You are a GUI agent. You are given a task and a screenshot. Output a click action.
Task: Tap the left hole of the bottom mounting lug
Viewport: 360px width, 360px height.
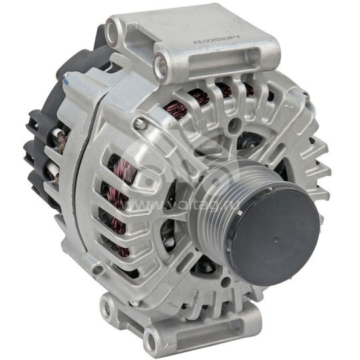(107, 307)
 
